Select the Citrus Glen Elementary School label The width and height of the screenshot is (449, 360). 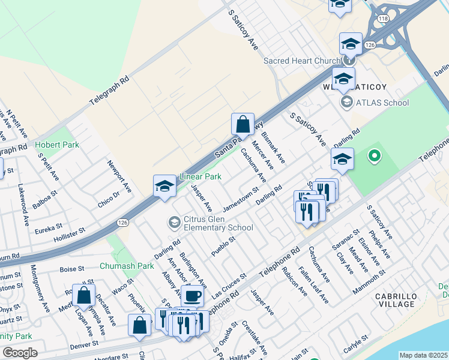pyautogui.click(x=218, y=223)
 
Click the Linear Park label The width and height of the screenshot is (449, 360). pyautogui.click(x=200, y=177)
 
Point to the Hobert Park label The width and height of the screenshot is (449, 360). pyautogui.click(x=53, y=145)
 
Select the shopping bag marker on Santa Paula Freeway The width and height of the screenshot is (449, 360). pyautogui.click(x=243, y=125)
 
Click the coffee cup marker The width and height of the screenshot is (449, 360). pyautogui.click(x=192, y=295)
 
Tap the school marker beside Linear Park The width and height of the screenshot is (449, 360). pyautogui.click(x=164, y=186)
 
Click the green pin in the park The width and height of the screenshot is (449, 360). pyautogui.click(x=375, y=157)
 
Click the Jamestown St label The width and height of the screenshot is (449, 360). pyautogui.click(x=240, y=199)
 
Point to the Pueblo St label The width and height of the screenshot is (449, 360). pyautogui.click(x=222, y=247)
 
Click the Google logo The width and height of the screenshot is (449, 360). pyautogui.click(x=20, y=353)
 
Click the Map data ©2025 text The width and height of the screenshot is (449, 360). pyautogui.click(x=423, y=355)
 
